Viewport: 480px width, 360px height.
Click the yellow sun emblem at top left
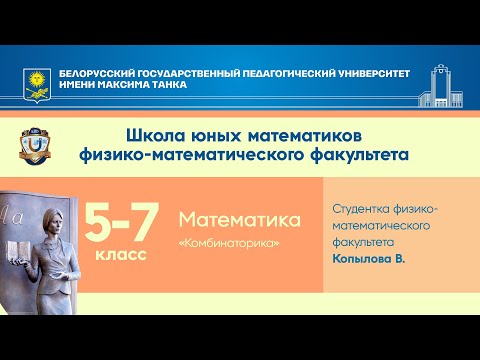(x=35, y=80)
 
